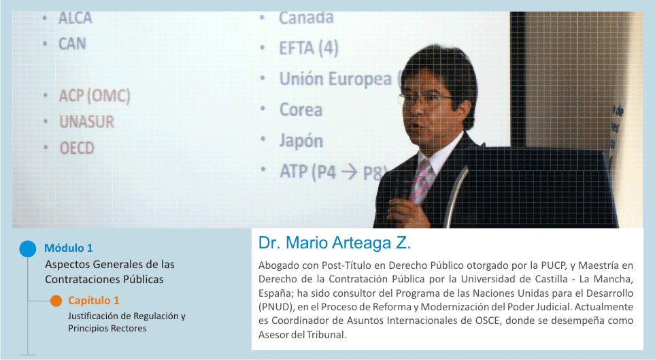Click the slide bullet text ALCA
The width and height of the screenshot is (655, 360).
pyautogui.click(x=75, y=18)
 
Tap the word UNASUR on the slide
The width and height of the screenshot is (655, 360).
pyautogui.click(x=87, y=122)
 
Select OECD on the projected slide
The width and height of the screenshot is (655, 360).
pyautogui.click(x=77, y=148)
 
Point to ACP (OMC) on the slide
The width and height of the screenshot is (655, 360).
pyautogui.click(x=95, y=96)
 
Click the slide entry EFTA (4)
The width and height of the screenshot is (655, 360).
pyautogui.click(x=309, y=48)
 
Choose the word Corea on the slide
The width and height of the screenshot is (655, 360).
pyautogui.click(x=301, y=110)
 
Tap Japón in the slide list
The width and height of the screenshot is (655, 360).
pyautogui.click(x=301, y=140)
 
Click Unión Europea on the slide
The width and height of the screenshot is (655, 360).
pyautogui.click(x=335, y=79)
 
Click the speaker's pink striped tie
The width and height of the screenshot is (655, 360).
pyautogui.click(x=420, y=180)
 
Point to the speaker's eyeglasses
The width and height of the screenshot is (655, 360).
pyautogui.click(x=425, y=99)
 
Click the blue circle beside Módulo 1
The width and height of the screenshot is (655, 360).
pyautogui.click(x=28, y=249)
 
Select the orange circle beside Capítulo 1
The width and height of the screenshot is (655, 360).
pyautogui.click(x=56, y=301)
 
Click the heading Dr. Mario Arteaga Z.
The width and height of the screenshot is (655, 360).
pyautogui.click(x=335, y=243)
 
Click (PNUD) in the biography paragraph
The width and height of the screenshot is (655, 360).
pyautogui.click(x=276, y=307)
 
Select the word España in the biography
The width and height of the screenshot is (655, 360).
pyautogui.click(x=273, y=293)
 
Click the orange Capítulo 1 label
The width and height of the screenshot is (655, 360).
pyautogui.click(x=94, y=301)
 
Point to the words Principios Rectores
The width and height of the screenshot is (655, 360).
pyautogui.click(x=107, y=329)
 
